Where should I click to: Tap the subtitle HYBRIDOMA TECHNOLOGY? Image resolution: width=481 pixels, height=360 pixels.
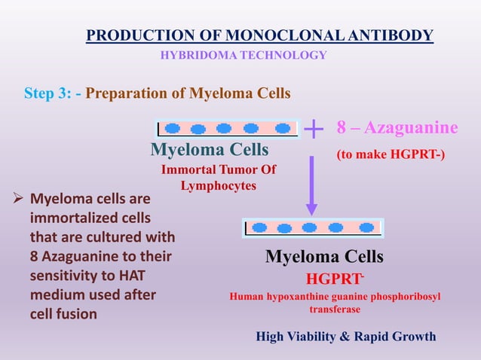(x=244, y=55)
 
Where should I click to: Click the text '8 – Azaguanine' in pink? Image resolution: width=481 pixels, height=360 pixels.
(x=397, y=127)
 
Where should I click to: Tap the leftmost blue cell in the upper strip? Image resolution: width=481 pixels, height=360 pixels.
(x=173, y=129)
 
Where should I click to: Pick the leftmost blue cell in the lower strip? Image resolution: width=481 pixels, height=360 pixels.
(x=260, y=227)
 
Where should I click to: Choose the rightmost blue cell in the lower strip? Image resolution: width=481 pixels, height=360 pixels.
(x=366, y=227)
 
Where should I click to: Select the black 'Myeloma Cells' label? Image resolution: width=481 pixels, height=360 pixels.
(x=324, y=257)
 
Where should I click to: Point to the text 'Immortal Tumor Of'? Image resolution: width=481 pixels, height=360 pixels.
(x=219, y=170)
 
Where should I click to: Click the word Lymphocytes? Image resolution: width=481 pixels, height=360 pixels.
(x=219, y=185)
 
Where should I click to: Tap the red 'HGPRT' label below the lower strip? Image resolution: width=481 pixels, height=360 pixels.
(x=331, y=279)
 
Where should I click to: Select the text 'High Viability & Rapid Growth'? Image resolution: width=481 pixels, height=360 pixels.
(x=346, y=336)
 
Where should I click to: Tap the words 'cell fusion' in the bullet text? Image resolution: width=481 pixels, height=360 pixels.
(x=63, y=314)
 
